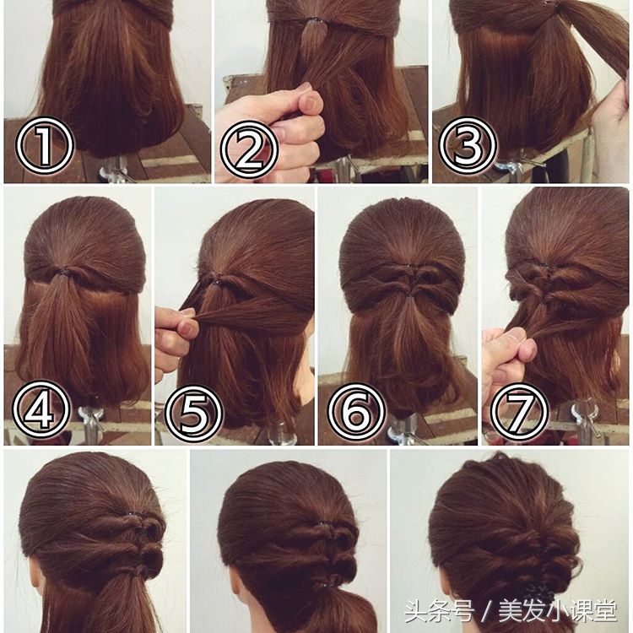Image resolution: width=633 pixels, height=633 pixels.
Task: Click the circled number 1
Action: [x=45, y=145]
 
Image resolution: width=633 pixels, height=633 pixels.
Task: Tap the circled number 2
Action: [x=249, y=149]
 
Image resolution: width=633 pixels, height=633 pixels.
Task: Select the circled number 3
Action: [x=468, y=146]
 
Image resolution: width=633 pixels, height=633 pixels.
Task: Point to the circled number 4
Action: [x=41, y=409]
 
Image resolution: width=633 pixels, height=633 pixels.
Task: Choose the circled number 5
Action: [x=194, y=414]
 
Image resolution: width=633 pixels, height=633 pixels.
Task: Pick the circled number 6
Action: [x=356, y=412]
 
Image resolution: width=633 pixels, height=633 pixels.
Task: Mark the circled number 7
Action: [x=520, y=412]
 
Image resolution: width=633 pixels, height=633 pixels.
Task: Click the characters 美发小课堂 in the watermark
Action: [x=558, y=611]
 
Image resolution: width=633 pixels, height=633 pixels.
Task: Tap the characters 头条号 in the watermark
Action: [x=438, y=611]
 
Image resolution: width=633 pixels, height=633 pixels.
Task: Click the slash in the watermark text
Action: [x=485, y=611]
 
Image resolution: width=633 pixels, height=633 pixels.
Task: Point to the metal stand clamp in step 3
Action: [x=510, y=165]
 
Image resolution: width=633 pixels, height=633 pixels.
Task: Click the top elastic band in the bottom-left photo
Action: [x=133, y=515]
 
